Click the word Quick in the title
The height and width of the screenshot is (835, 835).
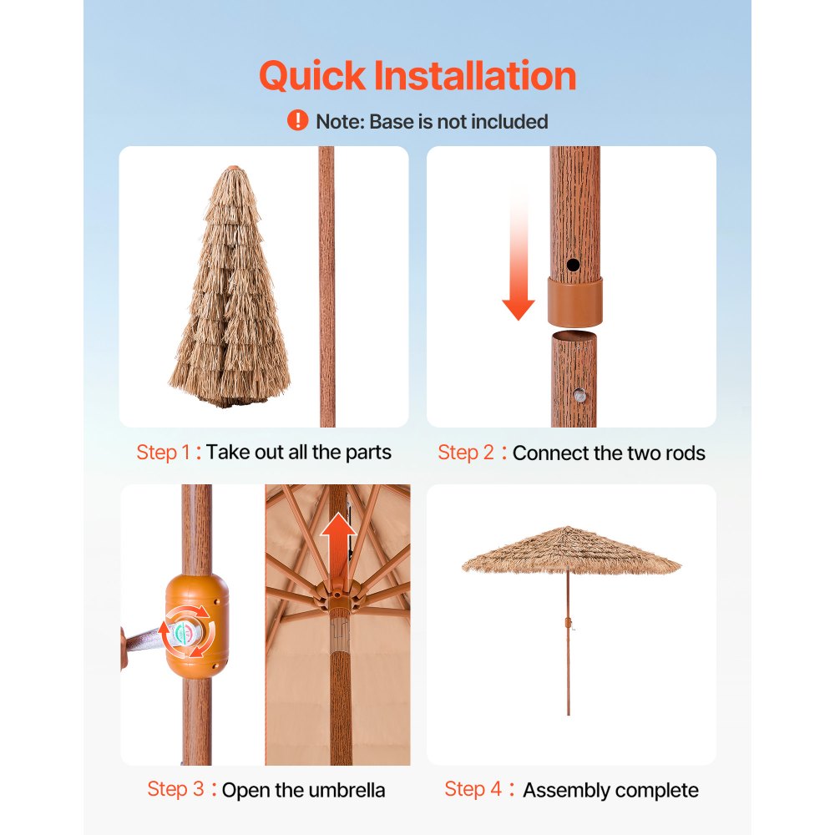coord(312,77)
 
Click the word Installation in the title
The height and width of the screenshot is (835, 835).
coord(474,77)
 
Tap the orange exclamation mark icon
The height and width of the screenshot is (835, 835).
coord(297,121)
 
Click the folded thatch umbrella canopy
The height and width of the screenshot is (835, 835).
coord(230,288)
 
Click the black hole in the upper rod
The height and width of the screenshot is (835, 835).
coord(573,265)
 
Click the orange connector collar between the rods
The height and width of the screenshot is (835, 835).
coord(574,301)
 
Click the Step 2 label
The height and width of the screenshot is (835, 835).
coord(466,453)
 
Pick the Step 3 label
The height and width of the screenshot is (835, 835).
coord(175,789)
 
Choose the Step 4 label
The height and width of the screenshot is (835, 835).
coord(473,789)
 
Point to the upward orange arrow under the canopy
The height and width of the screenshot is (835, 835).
coord(337,539)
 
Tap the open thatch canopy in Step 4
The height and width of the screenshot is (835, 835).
coord(571,551)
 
